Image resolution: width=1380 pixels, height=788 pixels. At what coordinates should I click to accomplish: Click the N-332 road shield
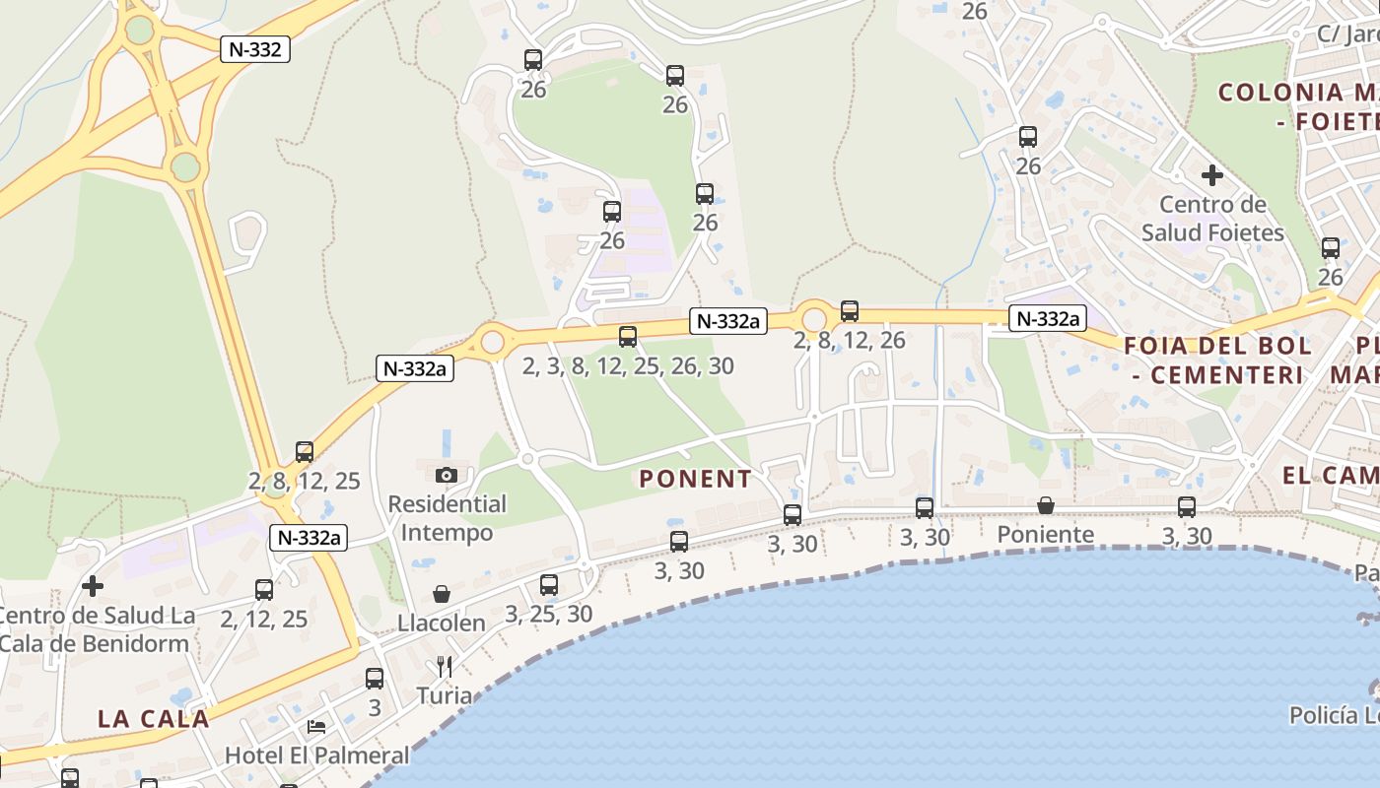point(254,49)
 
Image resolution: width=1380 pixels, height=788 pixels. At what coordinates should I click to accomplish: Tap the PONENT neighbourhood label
point(695,480)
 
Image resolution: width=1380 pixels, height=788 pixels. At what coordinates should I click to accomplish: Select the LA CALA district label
point(154,719)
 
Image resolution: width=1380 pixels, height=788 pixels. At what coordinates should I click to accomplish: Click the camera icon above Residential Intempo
point(447,475)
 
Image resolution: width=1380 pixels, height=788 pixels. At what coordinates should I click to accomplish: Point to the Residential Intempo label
point(447,518)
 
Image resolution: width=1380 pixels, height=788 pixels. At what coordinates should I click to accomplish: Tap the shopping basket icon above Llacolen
point(442,594)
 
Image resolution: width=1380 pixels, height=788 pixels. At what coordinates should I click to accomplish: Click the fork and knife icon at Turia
point(445,667)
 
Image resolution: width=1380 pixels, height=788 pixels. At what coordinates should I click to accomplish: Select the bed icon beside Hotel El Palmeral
point(316,727)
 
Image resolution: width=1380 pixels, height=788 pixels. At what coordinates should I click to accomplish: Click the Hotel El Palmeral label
point(316,755)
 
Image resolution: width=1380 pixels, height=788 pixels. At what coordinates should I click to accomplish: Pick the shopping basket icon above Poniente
point(1046,505)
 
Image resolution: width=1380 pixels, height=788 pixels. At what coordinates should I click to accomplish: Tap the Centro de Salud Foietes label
point(1212,219)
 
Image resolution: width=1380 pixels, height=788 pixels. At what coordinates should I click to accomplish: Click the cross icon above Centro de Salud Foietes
point(1212,176)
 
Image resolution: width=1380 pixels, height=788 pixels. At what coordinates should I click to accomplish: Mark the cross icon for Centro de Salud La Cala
point(93,586)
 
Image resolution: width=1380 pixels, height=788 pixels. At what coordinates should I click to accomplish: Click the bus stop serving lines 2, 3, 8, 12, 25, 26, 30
point(628,337)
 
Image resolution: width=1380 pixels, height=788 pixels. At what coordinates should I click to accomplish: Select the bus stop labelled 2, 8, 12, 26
point(850,311)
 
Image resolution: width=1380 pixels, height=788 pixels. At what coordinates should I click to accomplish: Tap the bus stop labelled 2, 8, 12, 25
point(305,452)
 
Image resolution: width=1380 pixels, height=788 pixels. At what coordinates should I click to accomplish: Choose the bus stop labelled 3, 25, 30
point(549,585)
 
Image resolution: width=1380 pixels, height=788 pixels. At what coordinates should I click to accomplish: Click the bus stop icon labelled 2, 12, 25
point(264,590)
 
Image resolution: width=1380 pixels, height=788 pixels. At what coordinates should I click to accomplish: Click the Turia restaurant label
point(445,695)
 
